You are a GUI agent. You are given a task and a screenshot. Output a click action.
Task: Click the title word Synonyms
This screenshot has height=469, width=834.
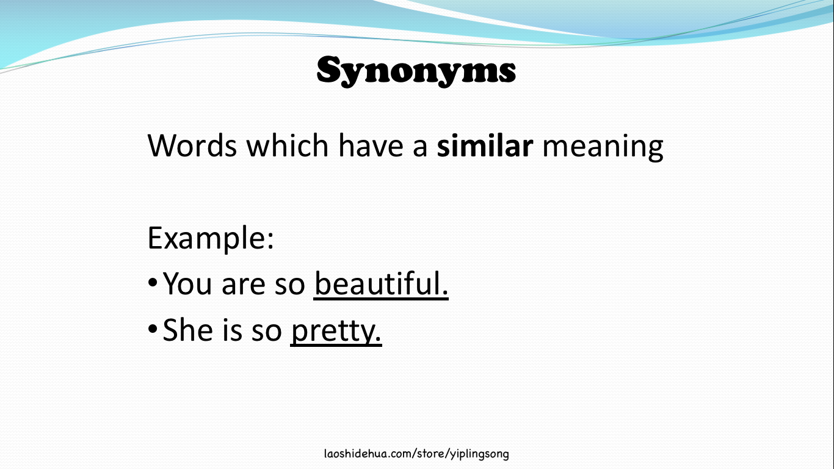coord(416,71)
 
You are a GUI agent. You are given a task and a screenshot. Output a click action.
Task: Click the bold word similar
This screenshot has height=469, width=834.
coord(485,147)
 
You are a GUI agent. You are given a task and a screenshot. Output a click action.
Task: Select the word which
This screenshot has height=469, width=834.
coord(287,147)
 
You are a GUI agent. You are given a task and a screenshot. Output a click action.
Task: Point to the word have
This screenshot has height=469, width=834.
coord(371,147)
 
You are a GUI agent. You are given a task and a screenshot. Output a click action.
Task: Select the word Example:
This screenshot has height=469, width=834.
coord(210,239)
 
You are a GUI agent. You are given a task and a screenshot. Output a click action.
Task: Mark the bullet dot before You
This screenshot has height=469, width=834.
coord(153,285)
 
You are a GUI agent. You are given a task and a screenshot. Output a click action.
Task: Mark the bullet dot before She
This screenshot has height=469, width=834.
coord(153,331)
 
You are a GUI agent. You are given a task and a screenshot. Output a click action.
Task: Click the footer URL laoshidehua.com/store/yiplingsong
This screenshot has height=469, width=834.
coord(416,454)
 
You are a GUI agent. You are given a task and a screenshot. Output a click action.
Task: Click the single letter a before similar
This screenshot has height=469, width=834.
coord(419,148)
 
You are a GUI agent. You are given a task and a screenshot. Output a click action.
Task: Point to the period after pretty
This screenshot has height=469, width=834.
coord(378,339)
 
